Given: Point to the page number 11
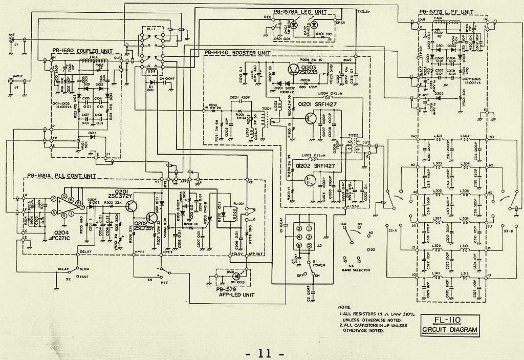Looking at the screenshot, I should point(264,353).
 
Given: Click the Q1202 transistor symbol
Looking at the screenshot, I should point(309,180).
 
